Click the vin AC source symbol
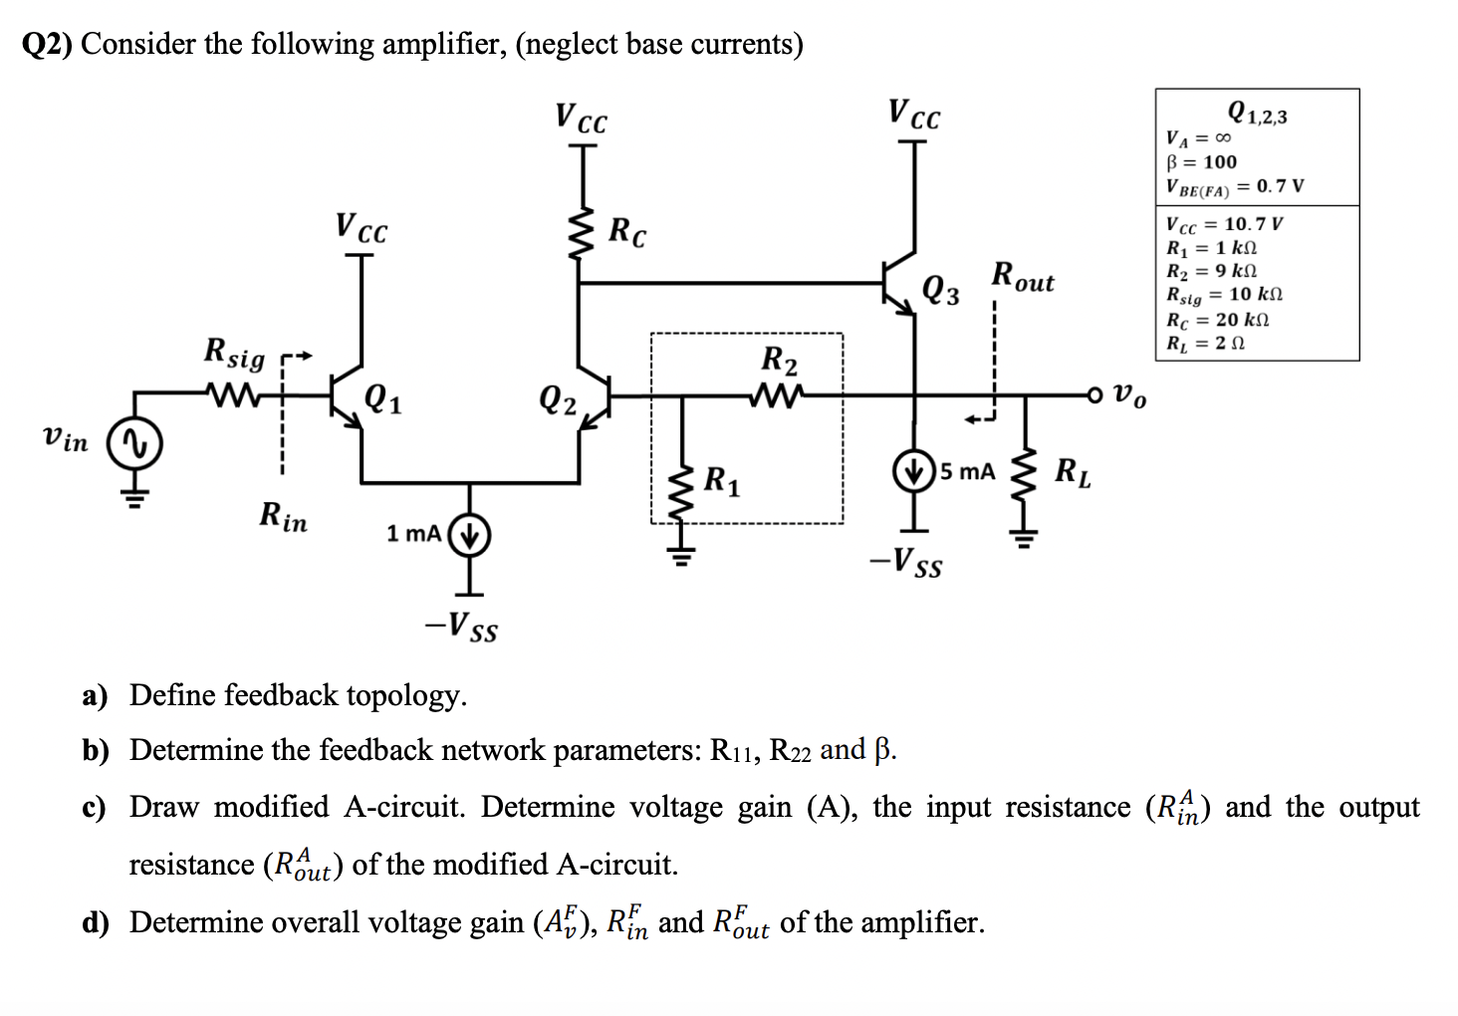pos(135,444)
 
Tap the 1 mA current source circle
pos(470,535)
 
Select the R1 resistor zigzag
pos(682,494)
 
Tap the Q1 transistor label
pos(383,399)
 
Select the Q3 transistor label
pos(941,290)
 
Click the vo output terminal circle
pos(1095,395)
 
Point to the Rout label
pos(1022,277)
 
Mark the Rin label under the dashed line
pos(283,516)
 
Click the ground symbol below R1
pos(682,556)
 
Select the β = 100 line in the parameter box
pos(1201,162)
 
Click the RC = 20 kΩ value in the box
pos(1217,320)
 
